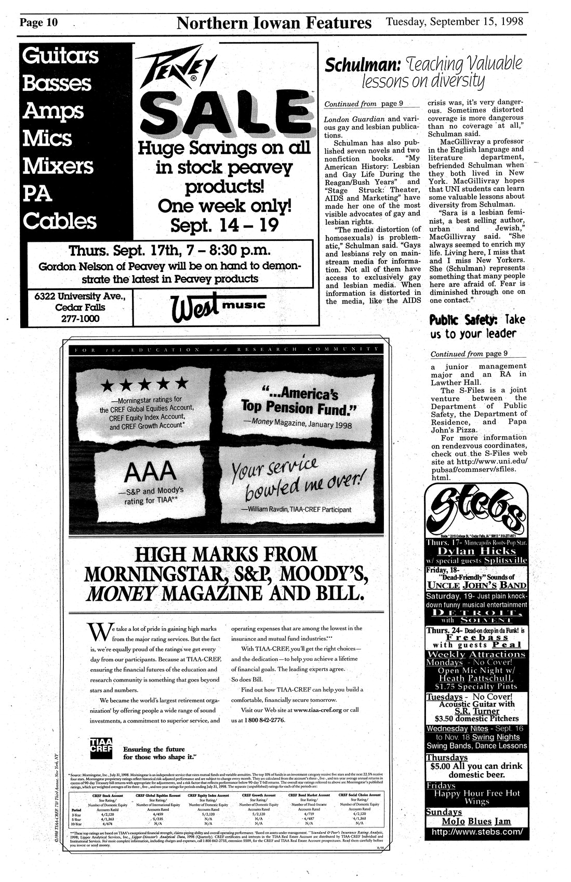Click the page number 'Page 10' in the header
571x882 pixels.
coord(39,23)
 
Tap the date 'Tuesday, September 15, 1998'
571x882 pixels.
coord(454,22)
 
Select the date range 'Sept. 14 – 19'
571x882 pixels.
coord(224,225)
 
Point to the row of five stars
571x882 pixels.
coord(145,385)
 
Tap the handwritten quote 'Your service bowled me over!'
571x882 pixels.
coord(295,477)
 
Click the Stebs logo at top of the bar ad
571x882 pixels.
coord(475,509)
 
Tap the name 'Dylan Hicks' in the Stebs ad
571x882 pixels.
coord(476,551)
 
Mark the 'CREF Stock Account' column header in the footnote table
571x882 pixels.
coord(108,795)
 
